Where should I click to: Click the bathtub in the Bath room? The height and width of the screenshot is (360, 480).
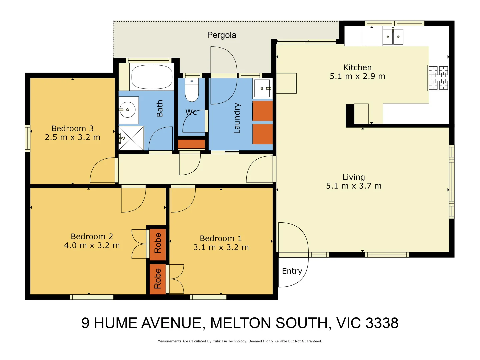tap(152, 77)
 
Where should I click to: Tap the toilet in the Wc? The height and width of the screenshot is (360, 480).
tap(192, 90)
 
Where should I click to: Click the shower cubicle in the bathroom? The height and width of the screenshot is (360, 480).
tap(131, 138)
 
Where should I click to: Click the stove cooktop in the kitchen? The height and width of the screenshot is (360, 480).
tap(438, 78)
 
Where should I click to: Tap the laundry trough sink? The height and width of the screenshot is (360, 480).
tap(262, 88)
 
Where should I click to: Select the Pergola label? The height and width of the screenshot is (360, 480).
tap(222, 35)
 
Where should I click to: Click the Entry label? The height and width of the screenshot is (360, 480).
tap(292, 271)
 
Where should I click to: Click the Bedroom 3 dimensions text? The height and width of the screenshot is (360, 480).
tap(73, 137)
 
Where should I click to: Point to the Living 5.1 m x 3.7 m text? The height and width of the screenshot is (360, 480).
tap(354, 186)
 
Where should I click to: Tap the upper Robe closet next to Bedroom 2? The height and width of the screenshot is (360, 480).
tap(158, 243)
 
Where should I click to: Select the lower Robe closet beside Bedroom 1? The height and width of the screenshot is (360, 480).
tap(158, 279)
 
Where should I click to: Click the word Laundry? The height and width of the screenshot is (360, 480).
tap(237, 118)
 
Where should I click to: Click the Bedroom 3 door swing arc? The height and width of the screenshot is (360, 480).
tap(103, 170)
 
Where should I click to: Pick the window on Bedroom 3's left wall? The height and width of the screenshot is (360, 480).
tap(28, 138)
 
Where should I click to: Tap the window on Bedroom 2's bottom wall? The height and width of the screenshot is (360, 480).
tap(92, 297)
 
